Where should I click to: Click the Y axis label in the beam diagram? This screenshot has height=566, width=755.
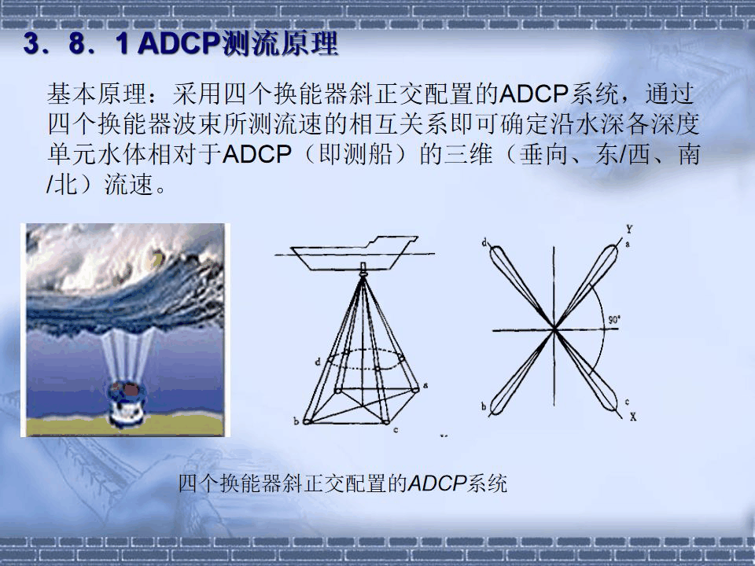coord(630,229)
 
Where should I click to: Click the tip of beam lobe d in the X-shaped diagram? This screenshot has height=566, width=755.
coord(495,252)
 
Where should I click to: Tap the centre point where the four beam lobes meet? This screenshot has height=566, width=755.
coord(554,330)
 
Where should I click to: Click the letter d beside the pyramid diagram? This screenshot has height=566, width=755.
coord(316,361)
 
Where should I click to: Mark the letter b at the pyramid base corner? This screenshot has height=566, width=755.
coord(296,421)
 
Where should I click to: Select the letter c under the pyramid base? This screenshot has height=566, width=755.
coord(396,430)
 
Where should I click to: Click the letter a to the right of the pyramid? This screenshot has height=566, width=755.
coord(425,385)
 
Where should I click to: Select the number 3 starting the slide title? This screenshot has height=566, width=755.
coord(31,46)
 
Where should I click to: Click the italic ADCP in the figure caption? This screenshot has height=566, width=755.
coord(437,483)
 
